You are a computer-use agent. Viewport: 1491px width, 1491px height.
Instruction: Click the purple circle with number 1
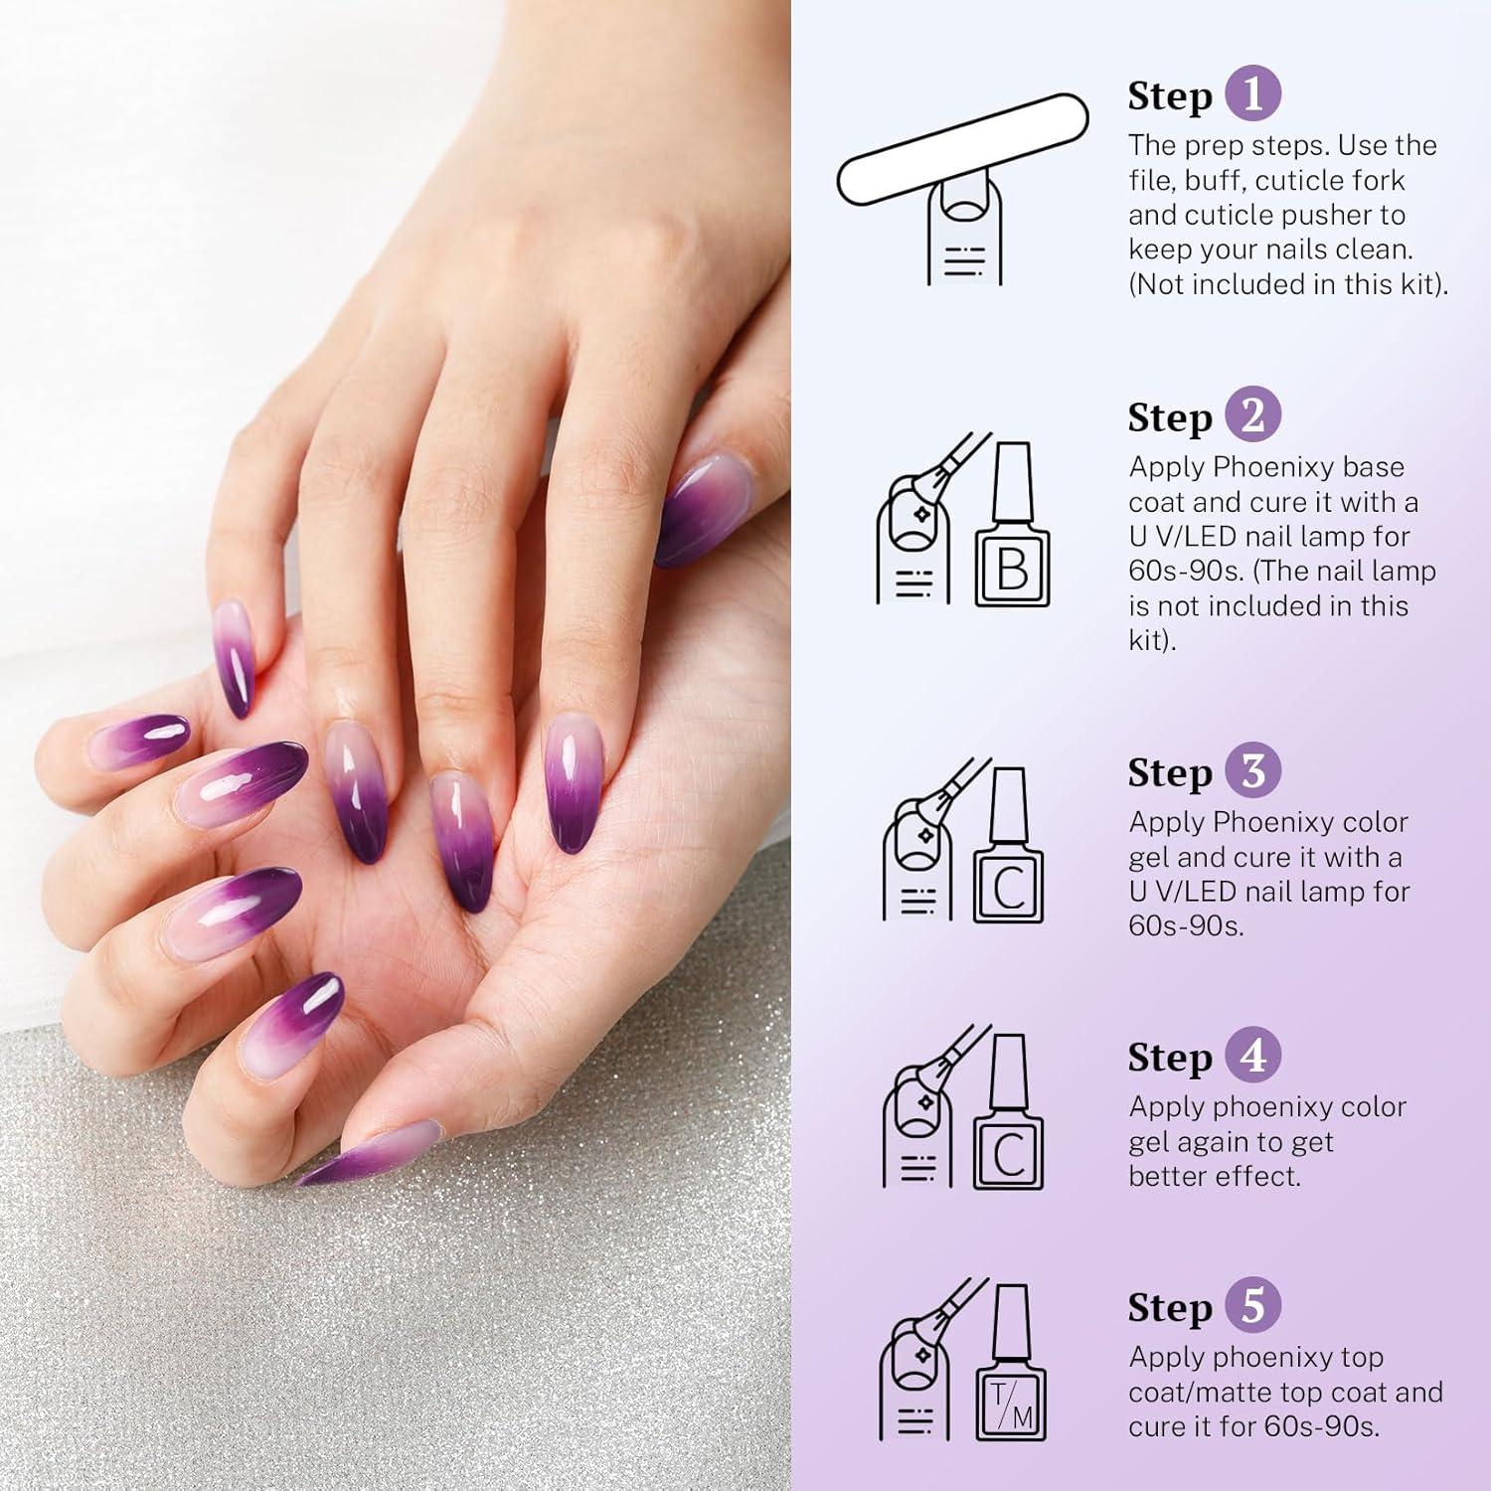pos(1252,94)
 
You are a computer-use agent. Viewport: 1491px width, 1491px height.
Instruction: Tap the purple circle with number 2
pos(1252,415)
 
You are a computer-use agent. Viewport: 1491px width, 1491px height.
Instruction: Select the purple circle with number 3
pos(1252,770)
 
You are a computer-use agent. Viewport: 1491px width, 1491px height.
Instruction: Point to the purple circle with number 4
pos(1252,1056)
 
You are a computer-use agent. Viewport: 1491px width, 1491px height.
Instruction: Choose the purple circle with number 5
pos(1252,1306)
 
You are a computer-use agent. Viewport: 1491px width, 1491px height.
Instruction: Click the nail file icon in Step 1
pos(962,149)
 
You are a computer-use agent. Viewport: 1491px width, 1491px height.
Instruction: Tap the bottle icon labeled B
pos(1012,527)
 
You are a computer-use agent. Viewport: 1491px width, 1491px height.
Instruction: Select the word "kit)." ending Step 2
pos(1152,641)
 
